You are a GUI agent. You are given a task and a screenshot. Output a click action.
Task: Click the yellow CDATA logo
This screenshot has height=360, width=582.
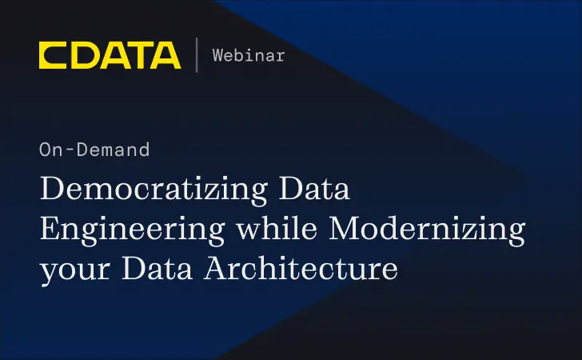[110, 55]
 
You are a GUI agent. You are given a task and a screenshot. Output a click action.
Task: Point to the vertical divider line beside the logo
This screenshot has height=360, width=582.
[197, 55]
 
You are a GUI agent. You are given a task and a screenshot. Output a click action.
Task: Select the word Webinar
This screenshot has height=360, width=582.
[249, 55]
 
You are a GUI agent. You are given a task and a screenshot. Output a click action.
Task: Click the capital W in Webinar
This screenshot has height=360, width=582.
[217, 55]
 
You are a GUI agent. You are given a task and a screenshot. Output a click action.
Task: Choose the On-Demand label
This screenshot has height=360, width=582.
[94, 149]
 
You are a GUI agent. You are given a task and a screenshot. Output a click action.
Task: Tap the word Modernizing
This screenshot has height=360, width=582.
[428, 230]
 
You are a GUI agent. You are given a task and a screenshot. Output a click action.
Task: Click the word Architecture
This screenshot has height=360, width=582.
[301, 269]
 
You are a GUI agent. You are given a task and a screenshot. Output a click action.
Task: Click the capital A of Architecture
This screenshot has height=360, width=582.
[217, 269]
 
